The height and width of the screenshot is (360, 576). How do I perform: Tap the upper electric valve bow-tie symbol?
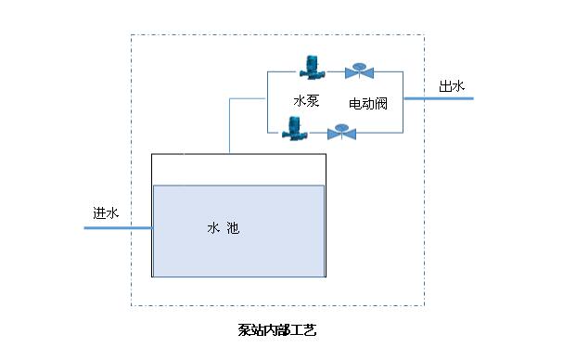357,71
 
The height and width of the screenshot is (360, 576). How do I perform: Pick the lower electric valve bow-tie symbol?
343,133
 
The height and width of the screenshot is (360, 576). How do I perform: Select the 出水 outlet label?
452,86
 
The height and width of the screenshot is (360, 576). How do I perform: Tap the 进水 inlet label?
106,212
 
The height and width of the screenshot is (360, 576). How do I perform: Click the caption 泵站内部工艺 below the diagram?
277,329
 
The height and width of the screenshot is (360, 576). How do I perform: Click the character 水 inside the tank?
212,227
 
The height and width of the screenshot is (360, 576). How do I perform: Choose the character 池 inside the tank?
233,227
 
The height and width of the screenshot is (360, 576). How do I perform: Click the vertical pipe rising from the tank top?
229,125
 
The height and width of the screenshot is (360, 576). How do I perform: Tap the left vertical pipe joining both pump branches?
267,102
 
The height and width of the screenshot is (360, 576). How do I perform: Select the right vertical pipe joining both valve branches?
401,102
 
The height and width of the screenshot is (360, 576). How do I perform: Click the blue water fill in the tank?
238,251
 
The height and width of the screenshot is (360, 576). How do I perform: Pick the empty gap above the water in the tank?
238,170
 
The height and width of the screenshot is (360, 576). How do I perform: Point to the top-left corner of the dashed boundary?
131,35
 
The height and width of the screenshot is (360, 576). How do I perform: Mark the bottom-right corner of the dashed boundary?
424,305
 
